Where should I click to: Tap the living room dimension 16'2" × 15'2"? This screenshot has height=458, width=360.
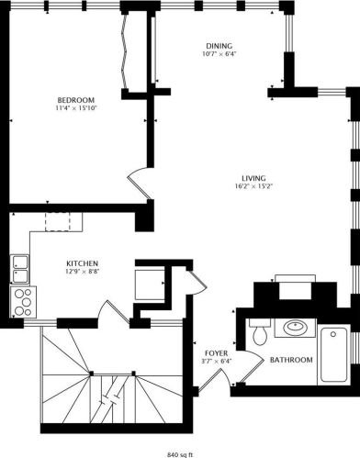[253, 186]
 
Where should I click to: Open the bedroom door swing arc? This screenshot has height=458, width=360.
[138, 178]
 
